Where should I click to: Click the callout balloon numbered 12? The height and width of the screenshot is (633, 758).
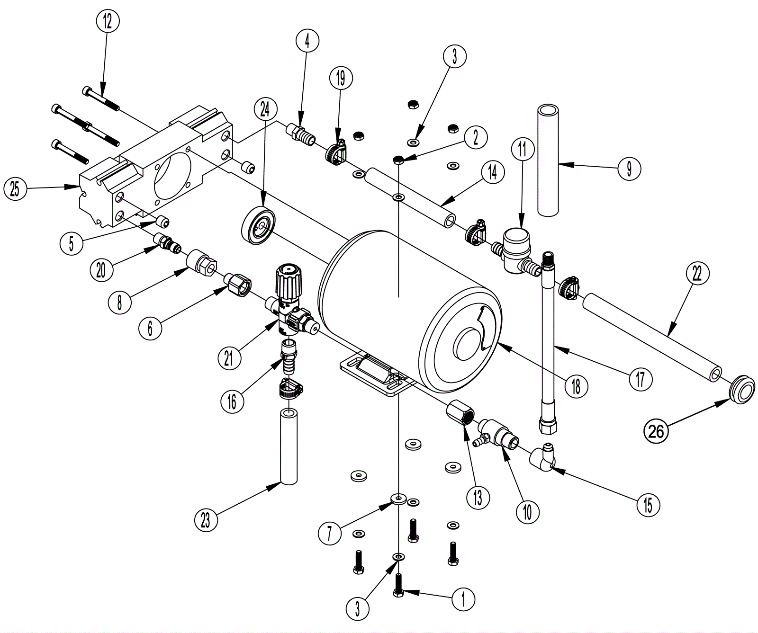point(108,21)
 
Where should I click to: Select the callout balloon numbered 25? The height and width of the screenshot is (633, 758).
point(15,189)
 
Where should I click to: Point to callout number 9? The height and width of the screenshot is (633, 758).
point(629,169)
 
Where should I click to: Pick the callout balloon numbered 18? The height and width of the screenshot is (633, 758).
point(576,386)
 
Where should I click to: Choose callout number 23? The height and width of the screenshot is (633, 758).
point(206,520)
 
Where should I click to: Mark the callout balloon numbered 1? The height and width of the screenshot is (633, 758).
point(464,598)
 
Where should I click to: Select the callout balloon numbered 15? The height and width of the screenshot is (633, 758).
point(648,505)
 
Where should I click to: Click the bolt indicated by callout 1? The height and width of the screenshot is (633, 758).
point(398,584)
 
